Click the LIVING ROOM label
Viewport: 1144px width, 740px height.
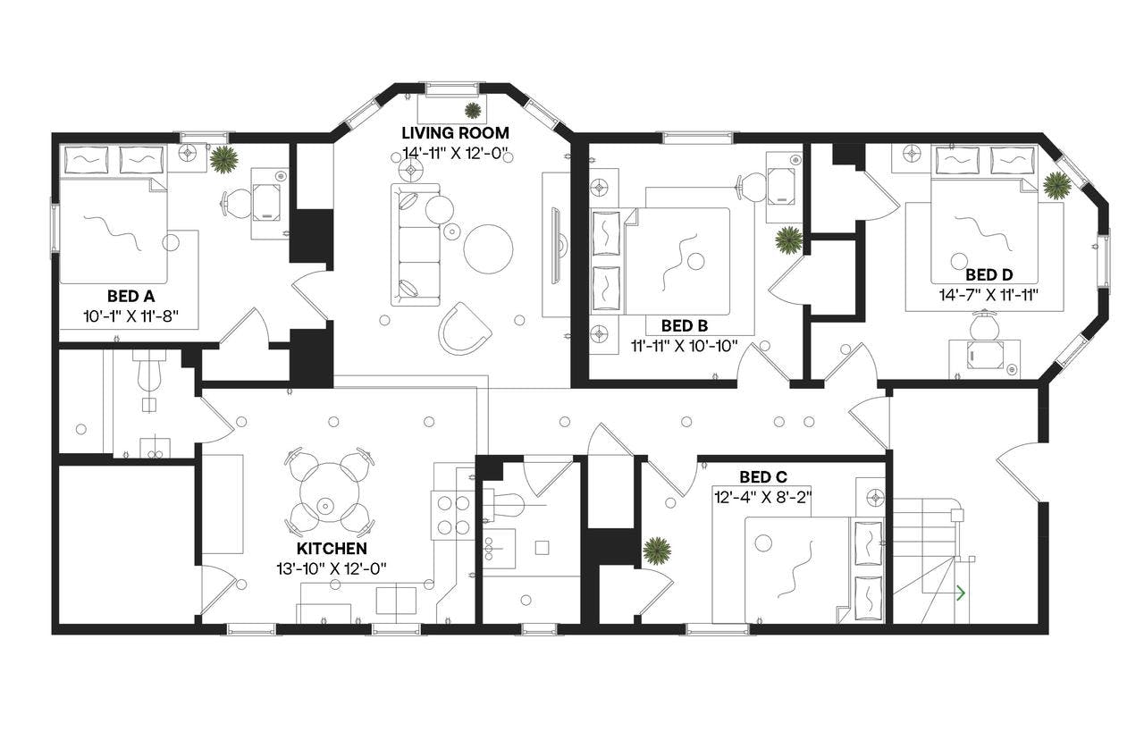point(455,133)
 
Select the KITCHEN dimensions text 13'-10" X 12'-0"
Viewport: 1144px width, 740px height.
point(332,567)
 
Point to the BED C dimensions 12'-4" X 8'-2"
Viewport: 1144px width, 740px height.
point(761,495)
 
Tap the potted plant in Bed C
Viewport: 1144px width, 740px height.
point(657,551)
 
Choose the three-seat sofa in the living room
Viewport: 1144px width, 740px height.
point(416,244)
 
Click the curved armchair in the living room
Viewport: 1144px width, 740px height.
point(464,327)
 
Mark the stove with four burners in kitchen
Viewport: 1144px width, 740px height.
point(451,515)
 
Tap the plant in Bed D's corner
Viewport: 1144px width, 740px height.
point(1057,185)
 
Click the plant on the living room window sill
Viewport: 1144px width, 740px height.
point(472,110)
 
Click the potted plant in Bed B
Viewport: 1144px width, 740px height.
point(788,239)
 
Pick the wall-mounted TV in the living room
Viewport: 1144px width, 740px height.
point(557,242)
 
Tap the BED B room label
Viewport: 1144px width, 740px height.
point(685,326)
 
